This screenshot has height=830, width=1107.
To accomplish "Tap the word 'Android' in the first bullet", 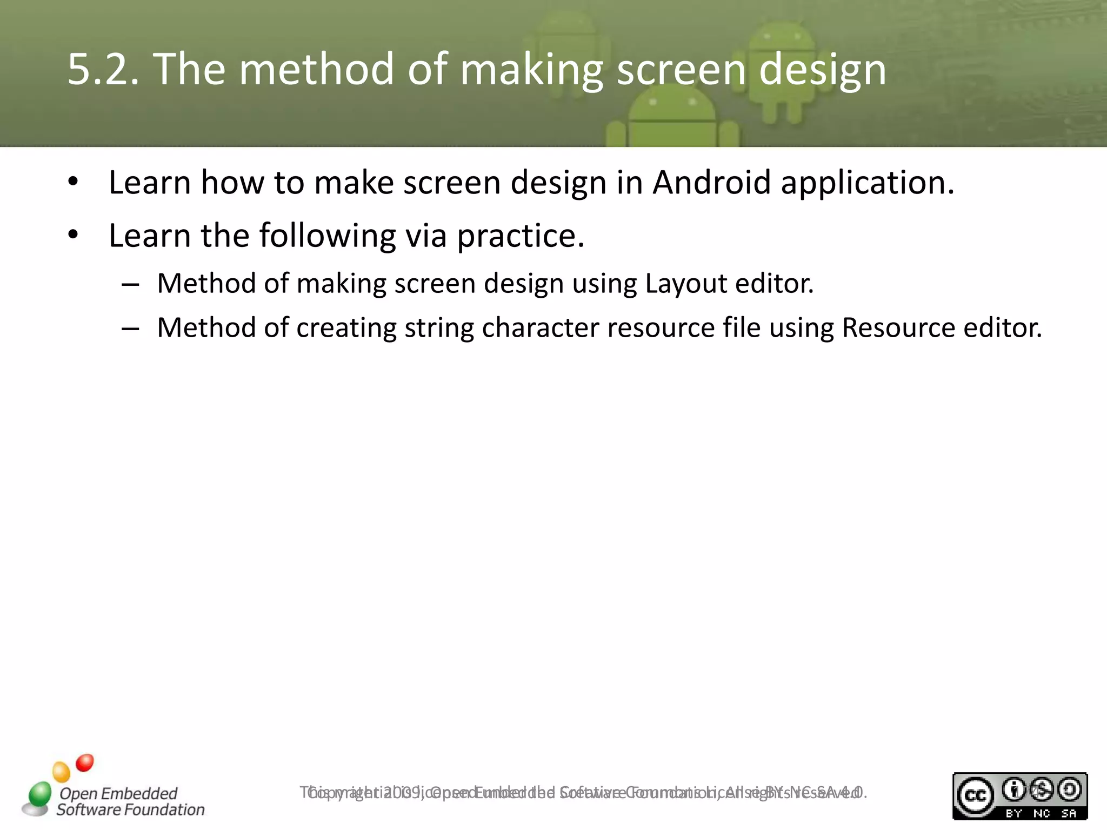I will point(711,183).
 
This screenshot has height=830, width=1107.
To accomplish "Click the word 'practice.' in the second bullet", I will point(521,237).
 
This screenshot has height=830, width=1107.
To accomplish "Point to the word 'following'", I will point(328,237).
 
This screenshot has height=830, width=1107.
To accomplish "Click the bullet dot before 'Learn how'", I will point(74,182).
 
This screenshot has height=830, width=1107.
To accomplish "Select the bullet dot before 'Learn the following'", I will point(74,235).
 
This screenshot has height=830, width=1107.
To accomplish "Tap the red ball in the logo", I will point(85,762).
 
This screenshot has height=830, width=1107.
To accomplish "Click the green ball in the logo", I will point(40,793).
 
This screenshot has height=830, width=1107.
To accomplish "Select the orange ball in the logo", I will point(62,772).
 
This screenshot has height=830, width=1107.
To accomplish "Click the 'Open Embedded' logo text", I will point(118,793).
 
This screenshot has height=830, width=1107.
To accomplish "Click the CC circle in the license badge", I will point(975,795).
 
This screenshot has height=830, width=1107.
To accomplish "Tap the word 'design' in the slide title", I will point(822,70).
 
